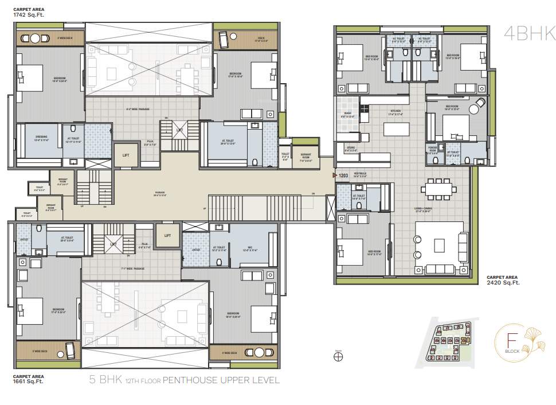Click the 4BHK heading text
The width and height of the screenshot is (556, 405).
(x=522, y=34)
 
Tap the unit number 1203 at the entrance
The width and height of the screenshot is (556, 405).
(x=343, y=176)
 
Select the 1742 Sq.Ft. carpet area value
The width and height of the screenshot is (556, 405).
(x=29, y=14)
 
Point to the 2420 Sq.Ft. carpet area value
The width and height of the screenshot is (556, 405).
(x=503, y=283)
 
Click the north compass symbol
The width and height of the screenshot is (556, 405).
(x=339, y=356)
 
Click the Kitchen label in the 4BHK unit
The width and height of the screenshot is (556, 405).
(x=396, y=111)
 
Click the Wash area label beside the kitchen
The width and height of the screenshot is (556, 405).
(x=348, y=115)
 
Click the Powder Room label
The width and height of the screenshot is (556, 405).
(x=433, y=151)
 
